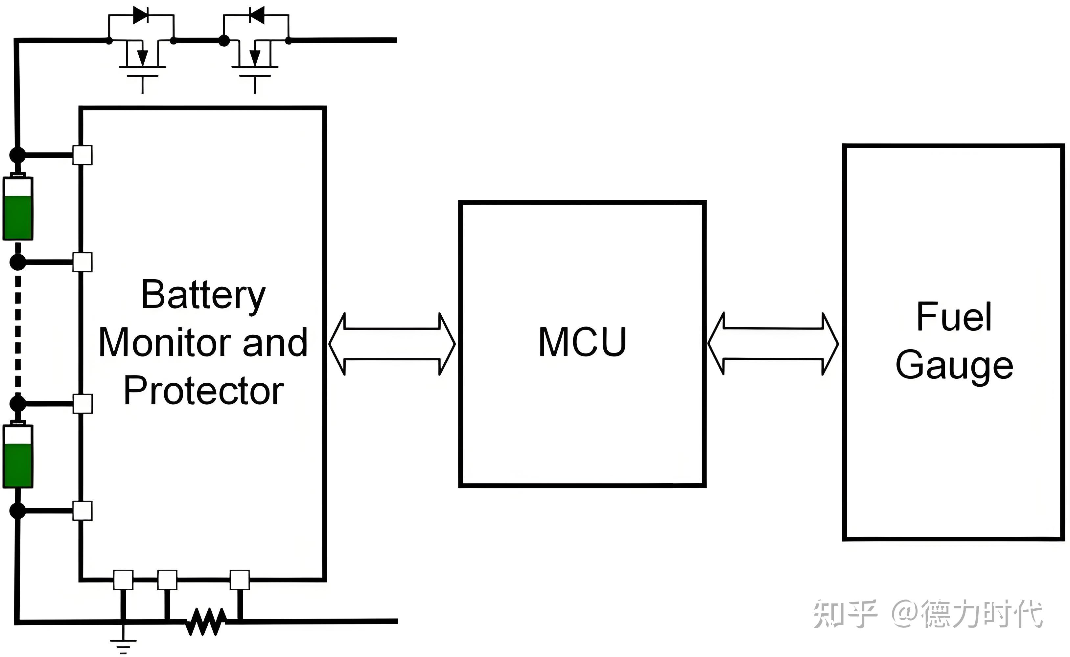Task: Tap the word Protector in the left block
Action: click(x=204, y=391)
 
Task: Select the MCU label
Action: click(x=582, y=343)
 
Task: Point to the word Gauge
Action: click(x=954, y=365)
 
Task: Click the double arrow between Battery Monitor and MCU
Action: click(x=392, y=344)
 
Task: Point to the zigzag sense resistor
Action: click(x=206, y=622)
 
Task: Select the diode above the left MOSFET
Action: click(x=140, y=15)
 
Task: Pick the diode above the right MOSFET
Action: click(x=256, y=15)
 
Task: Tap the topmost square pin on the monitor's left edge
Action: click(x=82, y=155)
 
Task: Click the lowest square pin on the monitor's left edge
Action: click(x=82, y=510)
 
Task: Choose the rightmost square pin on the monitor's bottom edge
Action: click(x=240, y=580)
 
